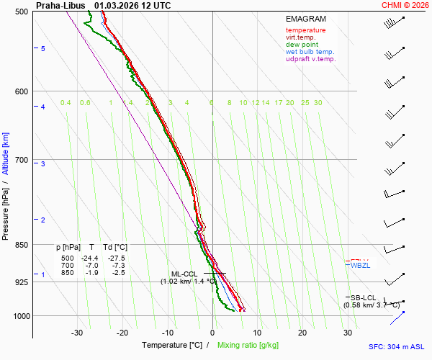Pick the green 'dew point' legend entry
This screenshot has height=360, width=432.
click(303, 45)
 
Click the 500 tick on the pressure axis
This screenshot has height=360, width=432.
click(21, 12)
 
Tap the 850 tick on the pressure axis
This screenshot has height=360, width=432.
click(21, 245)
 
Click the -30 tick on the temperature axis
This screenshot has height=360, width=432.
click(77, 333)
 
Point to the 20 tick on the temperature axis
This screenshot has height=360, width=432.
click(302, 333)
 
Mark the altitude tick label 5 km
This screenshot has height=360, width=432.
click(43, 48)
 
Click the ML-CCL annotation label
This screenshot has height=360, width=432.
click(184, 274)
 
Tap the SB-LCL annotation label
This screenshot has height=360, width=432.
click(363, 297)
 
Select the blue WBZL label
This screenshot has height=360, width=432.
click(360, 266)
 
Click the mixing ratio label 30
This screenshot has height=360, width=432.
click(318, 103)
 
